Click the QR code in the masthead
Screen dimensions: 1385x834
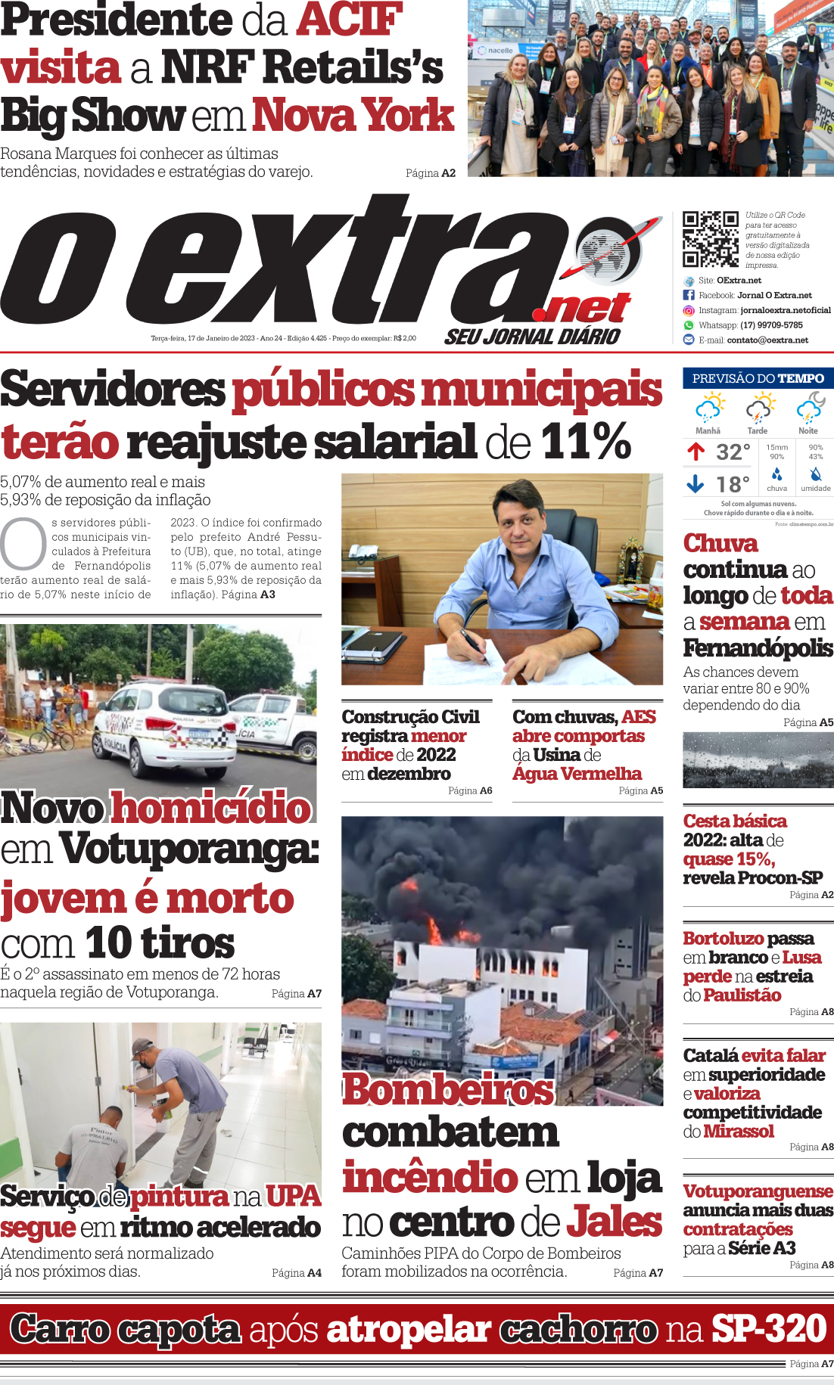coord(710,239)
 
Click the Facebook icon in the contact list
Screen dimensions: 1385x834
coord(689,295)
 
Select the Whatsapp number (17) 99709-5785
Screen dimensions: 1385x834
coord(771,325)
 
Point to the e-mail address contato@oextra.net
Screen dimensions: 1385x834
coord(767,340)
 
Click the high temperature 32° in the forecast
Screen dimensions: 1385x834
coord(733,452)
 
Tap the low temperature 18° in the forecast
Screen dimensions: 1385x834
coord(733,484)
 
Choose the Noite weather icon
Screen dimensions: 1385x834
coord(809,409)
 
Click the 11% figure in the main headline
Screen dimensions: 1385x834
coord(586,442)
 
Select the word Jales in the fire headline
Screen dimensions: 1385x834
coord(615,1222)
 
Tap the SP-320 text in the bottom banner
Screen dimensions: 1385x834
coord(768,1328)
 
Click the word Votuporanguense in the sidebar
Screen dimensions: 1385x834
coord(758,1191)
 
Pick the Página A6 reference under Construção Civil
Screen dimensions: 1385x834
coord(469,790)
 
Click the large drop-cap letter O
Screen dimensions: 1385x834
coord(23,543)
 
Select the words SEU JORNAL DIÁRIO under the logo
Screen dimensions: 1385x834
coord(532,337)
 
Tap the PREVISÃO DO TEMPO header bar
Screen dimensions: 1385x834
coord(758,378)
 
